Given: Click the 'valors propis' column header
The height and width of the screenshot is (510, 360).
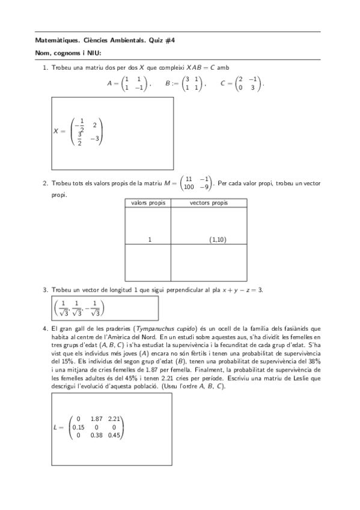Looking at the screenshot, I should click(148, 203).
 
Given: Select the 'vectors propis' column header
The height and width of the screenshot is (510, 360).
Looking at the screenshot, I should click(209, 203).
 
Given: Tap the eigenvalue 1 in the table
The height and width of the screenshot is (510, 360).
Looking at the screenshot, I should click(150, 240).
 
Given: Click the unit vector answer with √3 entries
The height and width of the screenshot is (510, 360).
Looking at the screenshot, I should click(79, 307).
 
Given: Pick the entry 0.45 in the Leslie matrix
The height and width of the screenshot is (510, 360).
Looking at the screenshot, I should click(114, 435).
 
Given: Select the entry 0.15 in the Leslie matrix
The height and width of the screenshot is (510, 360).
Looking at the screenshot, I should click(78, 427).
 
